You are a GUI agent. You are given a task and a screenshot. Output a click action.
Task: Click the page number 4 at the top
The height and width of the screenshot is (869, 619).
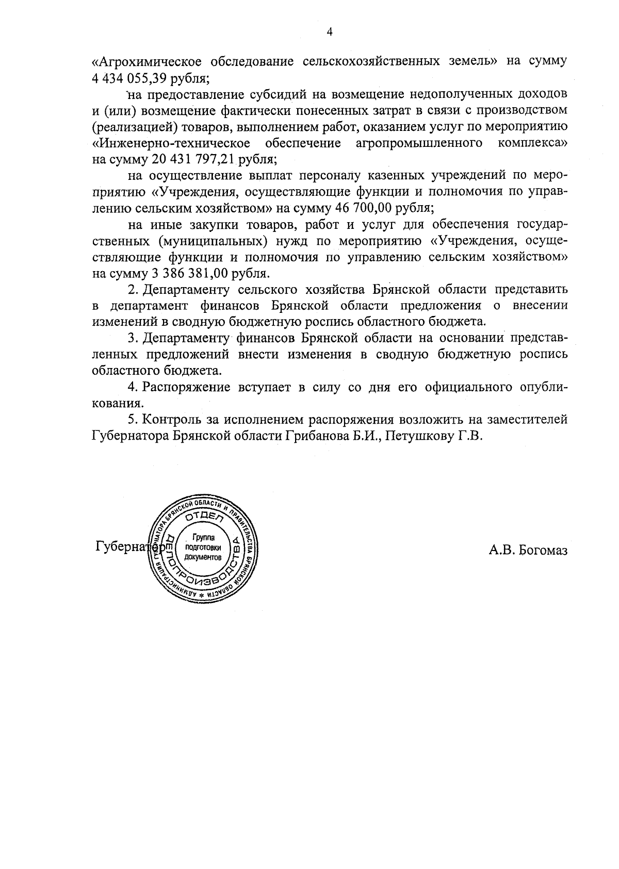pos(330,32)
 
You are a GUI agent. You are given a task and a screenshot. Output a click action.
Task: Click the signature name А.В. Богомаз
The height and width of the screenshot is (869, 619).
pos(528,550)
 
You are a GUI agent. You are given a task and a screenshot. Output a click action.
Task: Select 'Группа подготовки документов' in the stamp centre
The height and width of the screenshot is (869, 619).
pos(202,547)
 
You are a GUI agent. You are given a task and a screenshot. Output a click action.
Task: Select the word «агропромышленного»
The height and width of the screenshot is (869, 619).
pos(419,143)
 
